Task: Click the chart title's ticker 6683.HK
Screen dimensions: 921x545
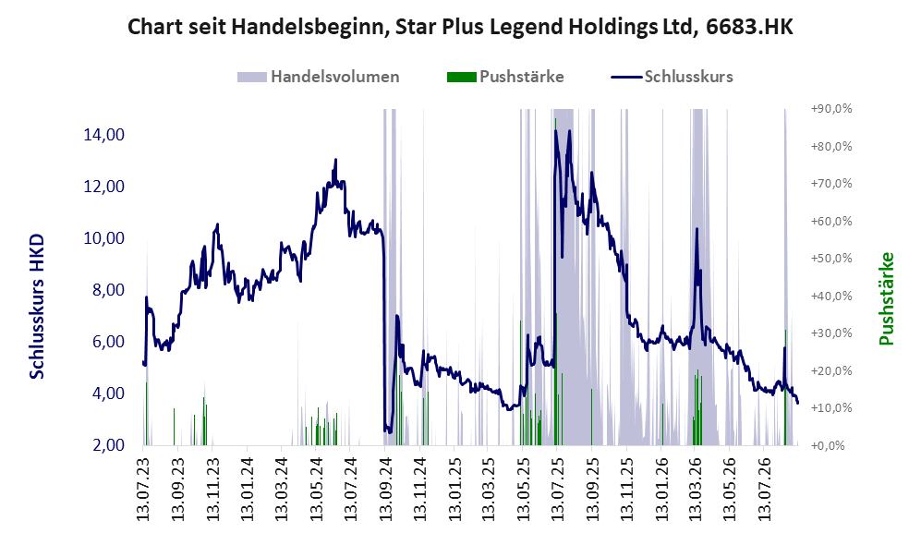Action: [749, 27]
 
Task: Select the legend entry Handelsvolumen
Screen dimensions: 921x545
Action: [334, 77]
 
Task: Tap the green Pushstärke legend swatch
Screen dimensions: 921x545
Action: [461, 77]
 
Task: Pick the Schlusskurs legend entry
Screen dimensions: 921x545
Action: [688, 77]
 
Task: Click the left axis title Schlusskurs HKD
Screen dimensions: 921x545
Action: [37, 306]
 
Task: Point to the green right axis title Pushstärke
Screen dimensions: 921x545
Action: [886, 298]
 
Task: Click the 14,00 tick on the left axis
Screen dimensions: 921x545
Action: [104, 135]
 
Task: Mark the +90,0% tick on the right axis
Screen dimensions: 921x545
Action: [831, 109]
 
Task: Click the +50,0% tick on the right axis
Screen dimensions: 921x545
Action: [831, 259]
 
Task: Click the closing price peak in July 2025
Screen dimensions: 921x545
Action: [556, 130]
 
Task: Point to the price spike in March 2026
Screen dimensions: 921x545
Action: [697, 229]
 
